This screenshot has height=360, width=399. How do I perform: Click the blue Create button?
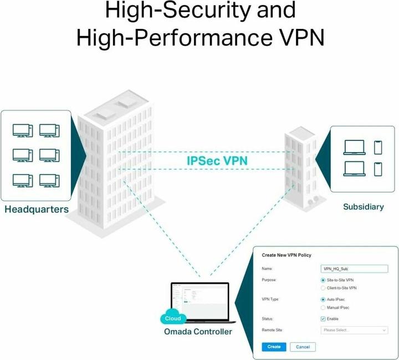coord(273,347)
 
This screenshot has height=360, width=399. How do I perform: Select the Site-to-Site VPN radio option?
coord(323,281)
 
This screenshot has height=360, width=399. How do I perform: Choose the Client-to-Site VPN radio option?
coord(323,288)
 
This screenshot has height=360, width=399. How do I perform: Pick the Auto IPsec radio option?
coord(323,300)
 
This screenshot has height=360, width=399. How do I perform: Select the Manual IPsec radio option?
coord(323,307)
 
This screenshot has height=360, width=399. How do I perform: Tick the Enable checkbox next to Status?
coord(323,319)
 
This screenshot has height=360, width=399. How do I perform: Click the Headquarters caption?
coord(37,210)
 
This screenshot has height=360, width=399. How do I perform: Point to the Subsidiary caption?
coord(363,207)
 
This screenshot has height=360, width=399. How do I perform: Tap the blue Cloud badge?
coord(172,318)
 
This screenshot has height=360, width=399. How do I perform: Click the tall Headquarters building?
coord(116,166)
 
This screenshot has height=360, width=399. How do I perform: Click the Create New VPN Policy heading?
coord(286,255)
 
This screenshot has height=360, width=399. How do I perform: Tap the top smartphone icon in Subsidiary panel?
coord(378,147)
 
